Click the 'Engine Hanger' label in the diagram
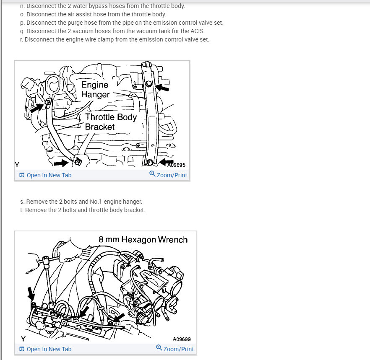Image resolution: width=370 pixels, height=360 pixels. click(95, 90)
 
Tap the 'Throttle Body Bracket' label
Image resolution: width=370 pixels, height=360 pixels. click(110, 122)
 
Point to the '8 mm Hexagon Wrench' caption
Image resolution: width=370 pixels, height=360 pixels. click(143, 239)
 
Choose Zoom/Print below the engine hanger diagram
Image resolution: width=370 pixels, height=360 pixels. click(168, 175)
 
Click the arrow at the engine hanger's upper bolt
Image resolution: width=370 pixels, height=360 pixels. click(162, 88)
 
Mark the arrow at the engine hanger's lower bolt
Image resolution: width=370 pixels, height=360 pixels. click(166, 161)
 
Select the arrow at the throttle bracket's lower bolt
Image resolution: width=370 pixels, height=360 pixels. click(61, 162)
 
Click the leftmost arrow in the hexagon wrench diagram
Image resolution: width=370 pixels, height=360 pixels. click(31, 293)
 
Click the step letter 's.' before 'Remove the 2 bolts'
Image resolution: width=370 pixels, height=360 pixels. click(22, 202)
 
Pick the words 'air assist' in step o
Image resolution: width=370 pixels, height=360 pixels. click(80, 14)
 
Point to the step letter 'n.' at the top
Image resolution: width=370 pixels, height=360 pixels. click(22, 6)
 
